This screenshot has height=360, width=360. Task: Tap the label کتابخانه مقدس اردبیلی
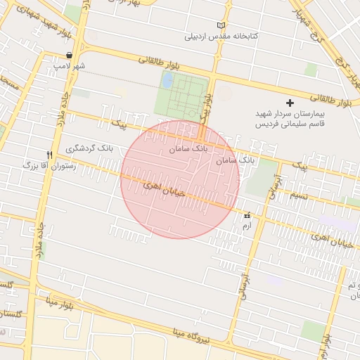[221, 36]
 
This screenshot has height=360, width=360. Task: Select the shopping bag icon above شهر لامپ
[69, 55]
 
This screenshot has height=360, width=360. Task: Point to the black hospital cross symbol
[290, 103]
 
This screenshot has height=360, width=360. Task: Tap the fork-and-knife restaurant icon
[49, 155]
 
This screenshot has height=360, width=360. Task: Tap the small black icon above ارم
[247, 215]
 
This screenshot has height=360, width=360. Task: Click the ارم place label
[246, 226]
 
